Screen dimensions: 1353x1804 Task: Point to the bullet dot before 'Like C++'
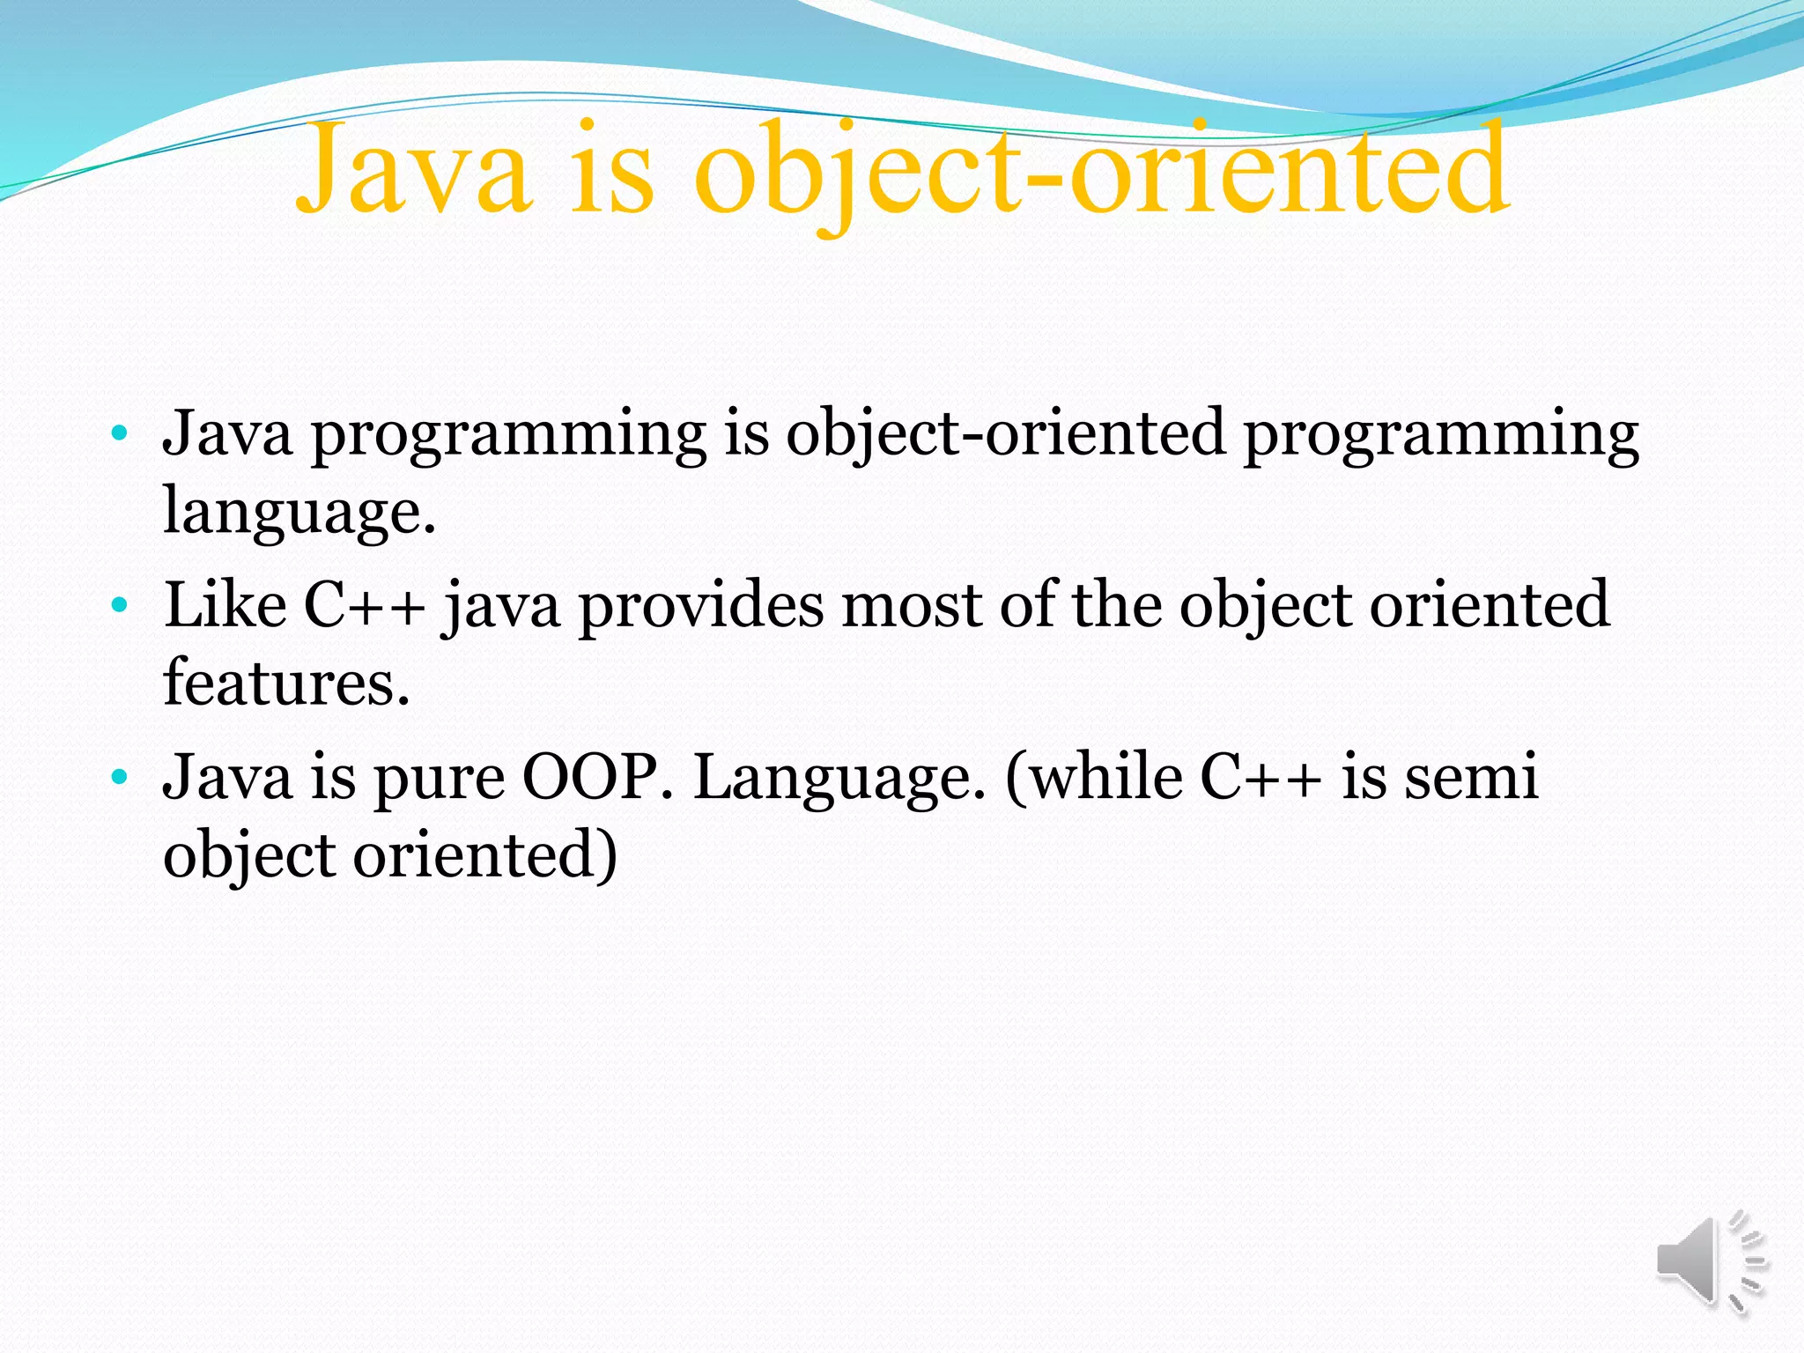pos(120,606)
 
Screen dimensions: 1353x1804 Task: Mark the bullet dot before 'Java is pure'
pos(120,778)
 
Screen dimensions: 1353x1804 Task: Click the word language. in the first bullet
pos(299,513)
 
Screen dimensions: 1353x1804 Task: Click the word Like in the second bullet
pos(225,606)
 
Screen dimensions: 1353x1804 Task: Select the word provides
pos(701,606)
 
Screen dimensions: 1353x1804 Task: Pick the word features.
pos(286,684)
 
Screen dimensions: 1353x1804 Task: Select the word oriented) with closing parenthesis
pos(484,855)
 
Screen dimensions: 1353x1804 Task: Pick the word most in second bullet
pos(912,606)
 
